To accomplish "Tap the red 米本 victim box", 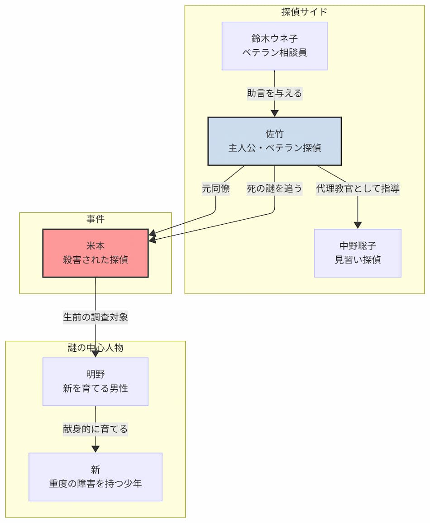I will click(x=95, y=253).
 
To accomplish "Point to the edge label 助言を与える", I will click(x=274, y=94).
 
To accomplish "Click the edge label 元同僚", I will click(x=215, y=188).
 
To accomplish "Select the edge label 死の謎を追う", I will click(x=274, y=188).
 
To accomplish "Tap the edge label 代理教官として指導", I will click(x=358, y=188).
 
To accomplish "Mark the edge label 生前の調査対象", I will click(x=95, y=317).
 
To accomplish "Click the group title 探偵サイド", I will click(x=304, y=12).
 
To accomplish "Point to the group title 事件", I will click(x=95, y=219).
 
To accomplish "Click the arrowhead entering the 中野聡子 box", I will click(x=358, y=225).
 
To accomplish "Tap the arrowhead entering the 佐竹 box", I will click(x=274, y=113).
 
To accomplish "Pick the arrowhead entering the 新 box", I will click(x=95, y=448).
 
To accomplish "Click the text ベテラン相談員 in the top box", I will click(x=274, y=52).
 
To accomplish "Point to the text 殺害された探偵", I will click(x=95, y=260).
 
